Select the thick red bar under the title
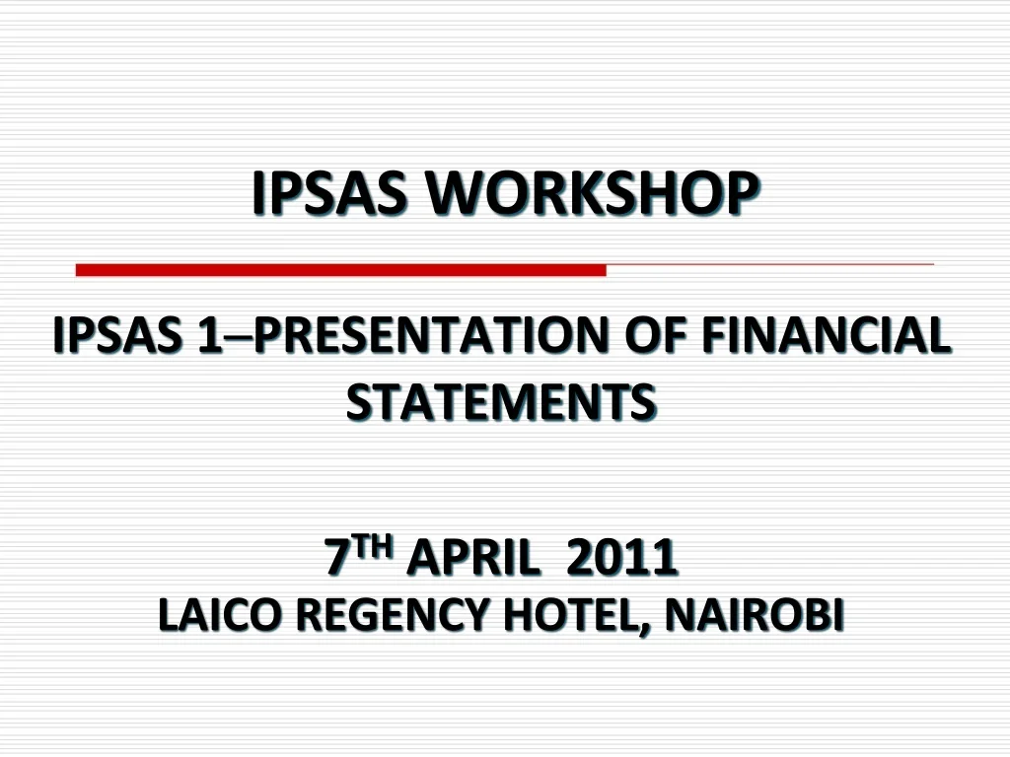click(340, 270)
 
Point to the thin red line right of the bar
click(769, 265)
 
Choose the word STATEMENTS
click(501, 401)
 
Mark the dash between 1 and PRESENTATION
click(238, 339)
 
